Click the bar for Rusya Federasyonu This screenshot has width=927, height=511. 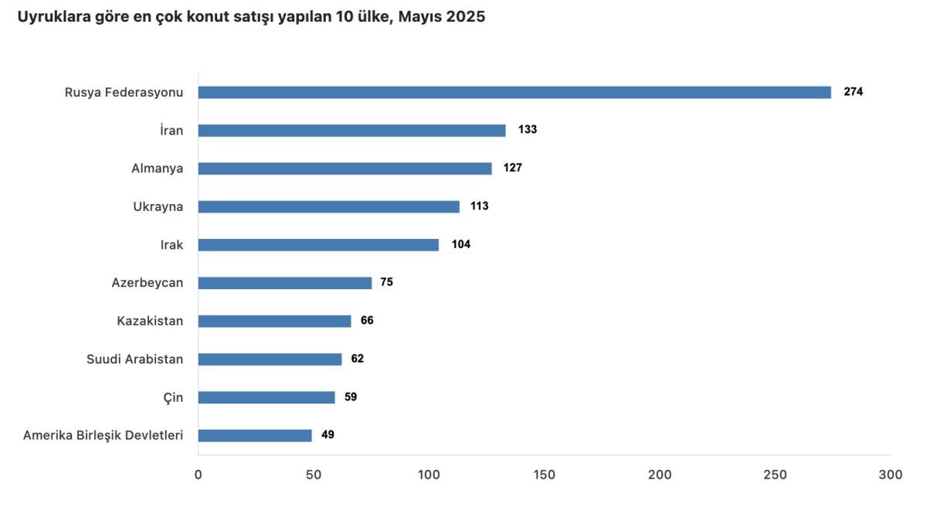(x=514, y=92)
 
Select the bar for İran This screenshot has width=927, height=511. (x=351, y=130)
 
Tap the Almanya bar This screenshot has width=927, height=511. (x=345, y=169)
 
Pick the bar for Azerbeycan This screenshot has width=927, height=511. (x=284, y=283)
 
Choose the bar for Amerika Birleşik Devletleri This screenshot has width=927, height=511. (x=255, y=435)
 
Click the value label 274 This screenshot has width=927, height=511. (x=853, y=92)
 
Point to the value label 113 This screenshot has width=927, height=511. (x=480, y=206)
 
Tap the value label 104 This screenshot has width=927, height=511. (x=461, y=244)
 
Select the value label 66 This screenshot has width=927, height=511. (x=367, y=321)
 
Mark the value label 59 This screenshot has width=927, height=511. (x=351, y=397)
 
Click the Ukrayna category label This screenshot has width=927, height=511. (x=158, y=206)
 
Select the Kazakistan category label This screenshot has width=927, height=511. (x=150, y=321)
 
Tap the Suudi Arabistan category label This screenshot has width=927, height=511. (x=134, y=359)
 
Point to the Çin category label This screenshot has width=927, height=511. (x=173, y=397)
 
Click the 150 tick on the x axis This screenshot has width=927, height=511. (x=544, y=475)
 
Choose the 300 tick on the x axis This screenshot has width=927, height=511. (x=891, y=475)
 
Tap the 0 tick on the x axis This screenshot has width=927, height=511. (x=199, y=475)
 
